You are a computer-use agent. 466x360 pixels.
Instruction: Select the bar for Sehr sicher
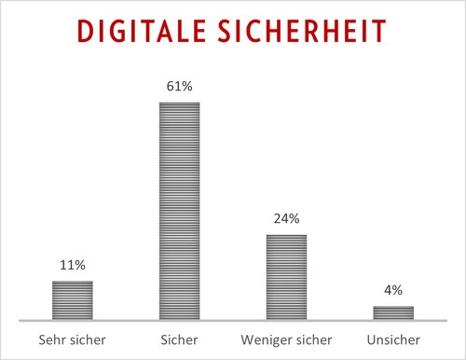[x=72, y=299]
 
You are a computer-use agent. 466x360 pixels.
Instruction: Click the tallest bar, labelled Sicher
[x=180, y=210]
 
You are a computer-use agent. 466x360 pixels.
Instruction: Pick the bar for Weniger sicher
[x=286, y=276]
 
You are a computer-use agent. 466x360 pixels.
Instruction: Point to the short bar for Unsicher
[x=393, y=312]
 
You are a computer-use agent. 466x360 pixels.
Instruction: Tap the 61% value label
[x=180, y=86]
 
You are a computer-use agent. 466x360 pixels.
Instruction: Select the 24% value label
[x=286, y=218]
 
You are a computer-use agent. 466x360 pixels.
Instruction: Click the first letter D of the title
[x=85, y=33]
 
